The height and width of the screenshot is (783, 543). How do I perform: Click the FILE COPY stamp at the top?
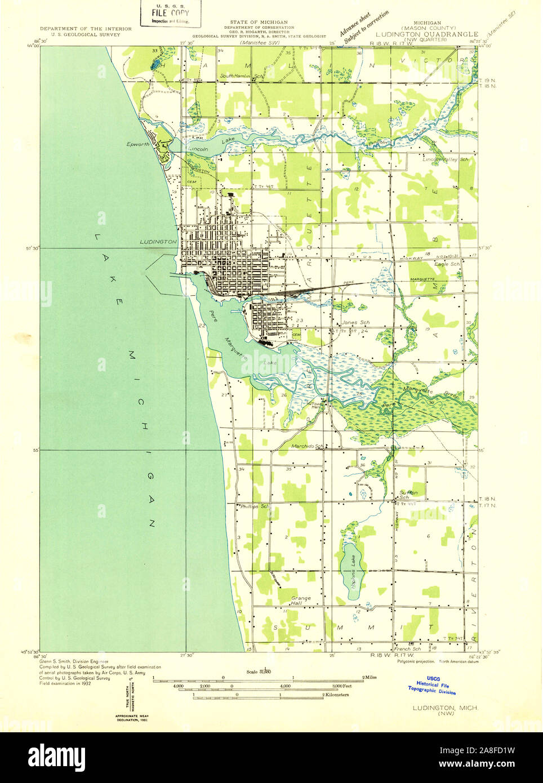170,13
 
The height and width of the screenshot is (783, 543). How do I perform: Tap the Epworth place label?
138,144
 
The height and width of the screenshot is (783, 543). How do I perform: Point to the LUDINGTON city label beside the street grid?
158,242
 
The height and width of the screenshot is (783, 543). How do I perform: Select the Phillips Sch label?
255,506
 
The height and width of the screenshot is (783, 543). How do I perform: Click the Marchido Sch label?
309,447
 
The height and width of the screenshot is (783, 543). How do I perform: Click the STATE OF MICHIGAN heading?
259,23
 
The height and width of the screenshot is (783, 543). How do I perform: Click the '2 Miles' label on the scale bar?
370,677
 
